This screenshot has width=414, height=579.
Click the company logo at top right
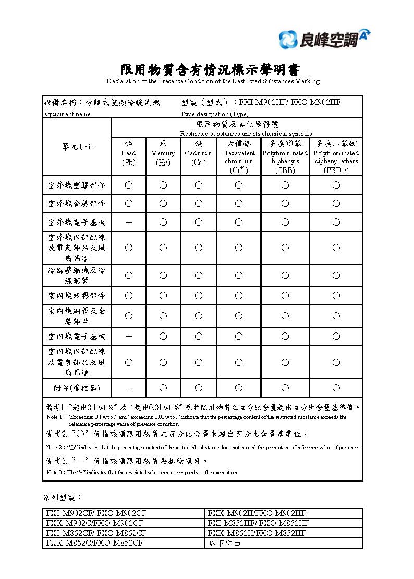point(324,39)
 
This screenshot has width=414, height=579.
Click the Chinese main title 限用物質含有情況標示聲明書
point(211,70)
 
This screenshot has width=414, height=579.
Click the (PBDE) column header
point(336,156)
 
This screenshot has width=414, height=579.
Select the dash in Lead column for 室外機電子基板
point(128,223)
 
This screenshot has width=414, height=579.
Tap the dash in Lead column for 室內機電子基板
point(128,337)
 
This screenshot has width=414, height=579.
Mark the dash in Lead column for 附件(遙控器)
point(128,388)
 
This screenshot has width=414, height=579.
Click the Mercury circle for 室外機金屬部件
point(163,203)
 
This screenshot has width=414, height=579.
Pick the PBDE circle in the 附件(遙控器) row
point(336,388)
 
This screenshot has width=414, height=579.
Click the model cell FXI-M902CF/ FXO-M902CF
point(96,513)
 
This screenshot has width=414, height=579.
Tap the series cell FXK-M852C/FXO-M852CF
point(96,544)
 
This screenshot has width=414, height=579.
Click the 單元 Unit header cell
point(77,147)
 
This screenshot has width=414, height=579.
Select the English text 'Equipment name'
point(67,114)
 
